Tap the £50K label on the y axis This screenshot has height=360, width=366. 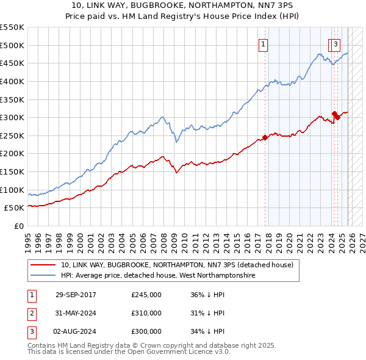click(x=15, y=208)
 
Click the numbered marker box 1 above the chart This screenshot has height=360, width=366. click(x=263, y=44)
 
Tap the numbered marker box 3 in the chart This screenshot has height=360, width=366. click(x=335, y=44)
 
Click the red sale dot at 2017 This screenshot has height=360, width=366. click(x=265, y=137)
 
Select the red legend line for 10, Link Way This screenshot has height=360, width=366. click(x=43, y=265)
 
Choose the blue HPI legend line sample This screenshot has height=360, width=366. click(x=43, y=276)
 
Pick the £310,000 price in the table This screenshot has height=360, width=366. click(x=146, y=313)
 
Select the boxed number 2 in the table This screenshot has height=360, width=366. click(x=31, y=313)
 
